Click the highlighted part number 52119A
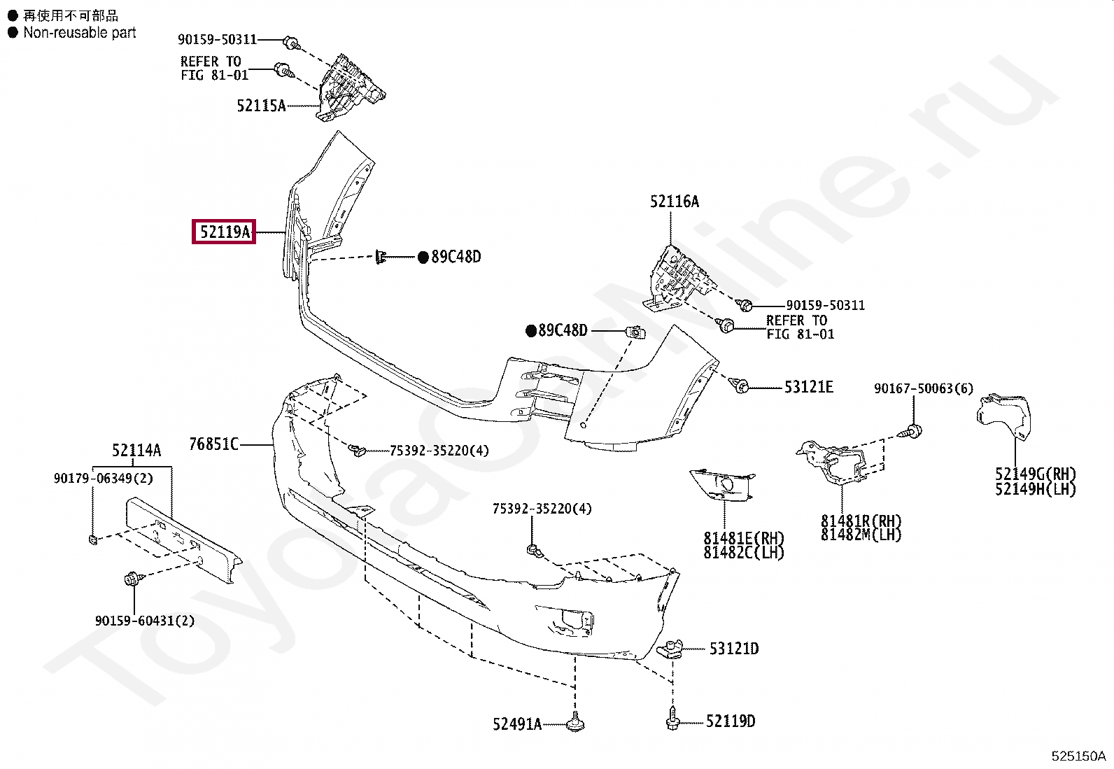[x=224, y=232]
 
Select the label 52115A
[x=261, y=106]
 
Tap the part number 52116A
[x=674, y=202]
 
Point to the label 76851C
[x=213, y=444]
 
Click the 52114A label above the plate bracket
[x=136, y=450]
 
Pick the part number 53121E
[x=808, y=387]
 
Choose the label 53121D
[x=733, y=649]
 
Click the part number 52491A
[x=517, y=724]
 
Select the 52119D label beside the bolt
[x=731, y=721]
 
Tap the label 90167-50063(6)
[x=923, y=388]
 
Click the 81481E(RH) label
[x=744, y=539]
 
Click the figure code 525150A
[x=1078, y=756]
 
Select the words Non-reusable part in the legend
[x=79, y=33]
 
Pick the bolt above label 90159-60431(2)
[x=131, y=579]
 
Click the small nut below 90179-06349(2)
[x=94, y=539]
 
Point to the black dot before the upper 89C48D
[x=423, y=257]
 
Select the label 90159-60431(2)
[x=145, y=621]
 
